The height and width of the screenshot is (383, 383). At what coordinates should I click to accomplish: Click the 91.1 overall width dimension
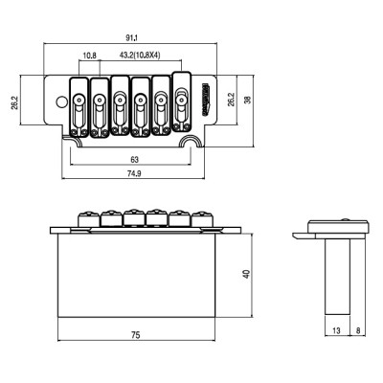tap(131, 38)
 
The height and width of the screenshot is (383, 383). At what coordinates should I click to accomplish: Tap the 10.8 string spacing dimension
tap(90, 56)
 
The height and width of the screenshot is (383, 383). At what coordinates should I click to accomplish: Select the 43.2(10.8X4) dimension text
tap(140, 56)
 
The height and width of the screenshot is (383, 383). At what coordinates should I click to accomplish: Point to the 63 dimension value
tap(135, 159)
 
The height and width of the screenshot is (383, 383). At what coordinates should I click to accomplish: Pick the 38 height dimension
tap(247, 100)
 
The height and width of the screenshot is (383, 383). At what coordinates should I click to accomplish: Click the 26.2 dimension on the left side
tap(14, 101)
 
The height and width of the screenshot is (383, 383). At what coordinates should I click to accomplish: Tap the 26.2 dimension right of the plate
tap(231, 100)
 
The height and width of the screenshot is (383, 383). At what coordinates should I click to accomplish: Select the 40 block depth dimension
tap(247, 274)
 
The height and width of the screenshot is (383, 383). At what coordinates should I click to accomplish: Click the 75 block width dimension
tap(136, 335)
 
